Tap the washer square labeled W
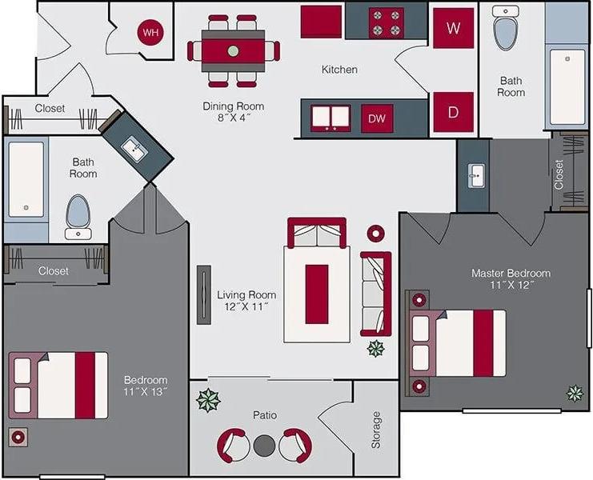tap(454, 29)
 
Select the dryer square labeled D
tap(454, 112)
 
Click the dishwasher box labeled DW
tap(377, 118)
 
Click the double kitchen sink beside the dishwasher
tap(331, 118)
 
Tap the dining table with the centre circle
tap(233, 50)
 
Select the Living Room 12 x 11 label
tap(246, 301)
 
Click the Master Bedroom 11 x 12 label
tap(511, 278)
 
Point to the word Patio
tap(265, 415)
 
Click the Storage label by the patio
tap(376, 430)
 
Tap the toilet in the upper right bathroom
tap(505, 31)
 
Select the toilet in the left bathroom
tap(78, 213)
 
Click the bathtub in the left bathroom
tap(26, 179)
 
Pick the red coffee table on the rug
tap(317, 293)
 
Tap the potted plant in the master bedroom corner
tap(575, 393)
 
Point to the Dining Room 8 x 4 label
tap(233, 112)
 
